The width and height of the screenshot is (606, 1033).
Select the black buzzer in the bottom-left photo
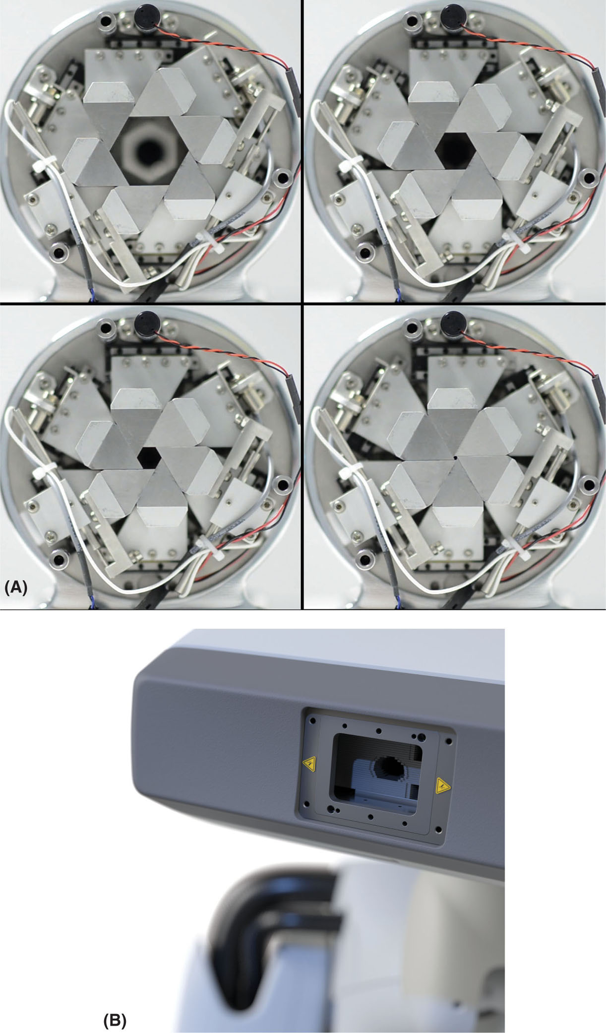(x=146, y=321)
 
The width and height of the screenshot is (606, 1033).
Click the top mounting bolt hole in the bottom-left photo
(x=107, y=327)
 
